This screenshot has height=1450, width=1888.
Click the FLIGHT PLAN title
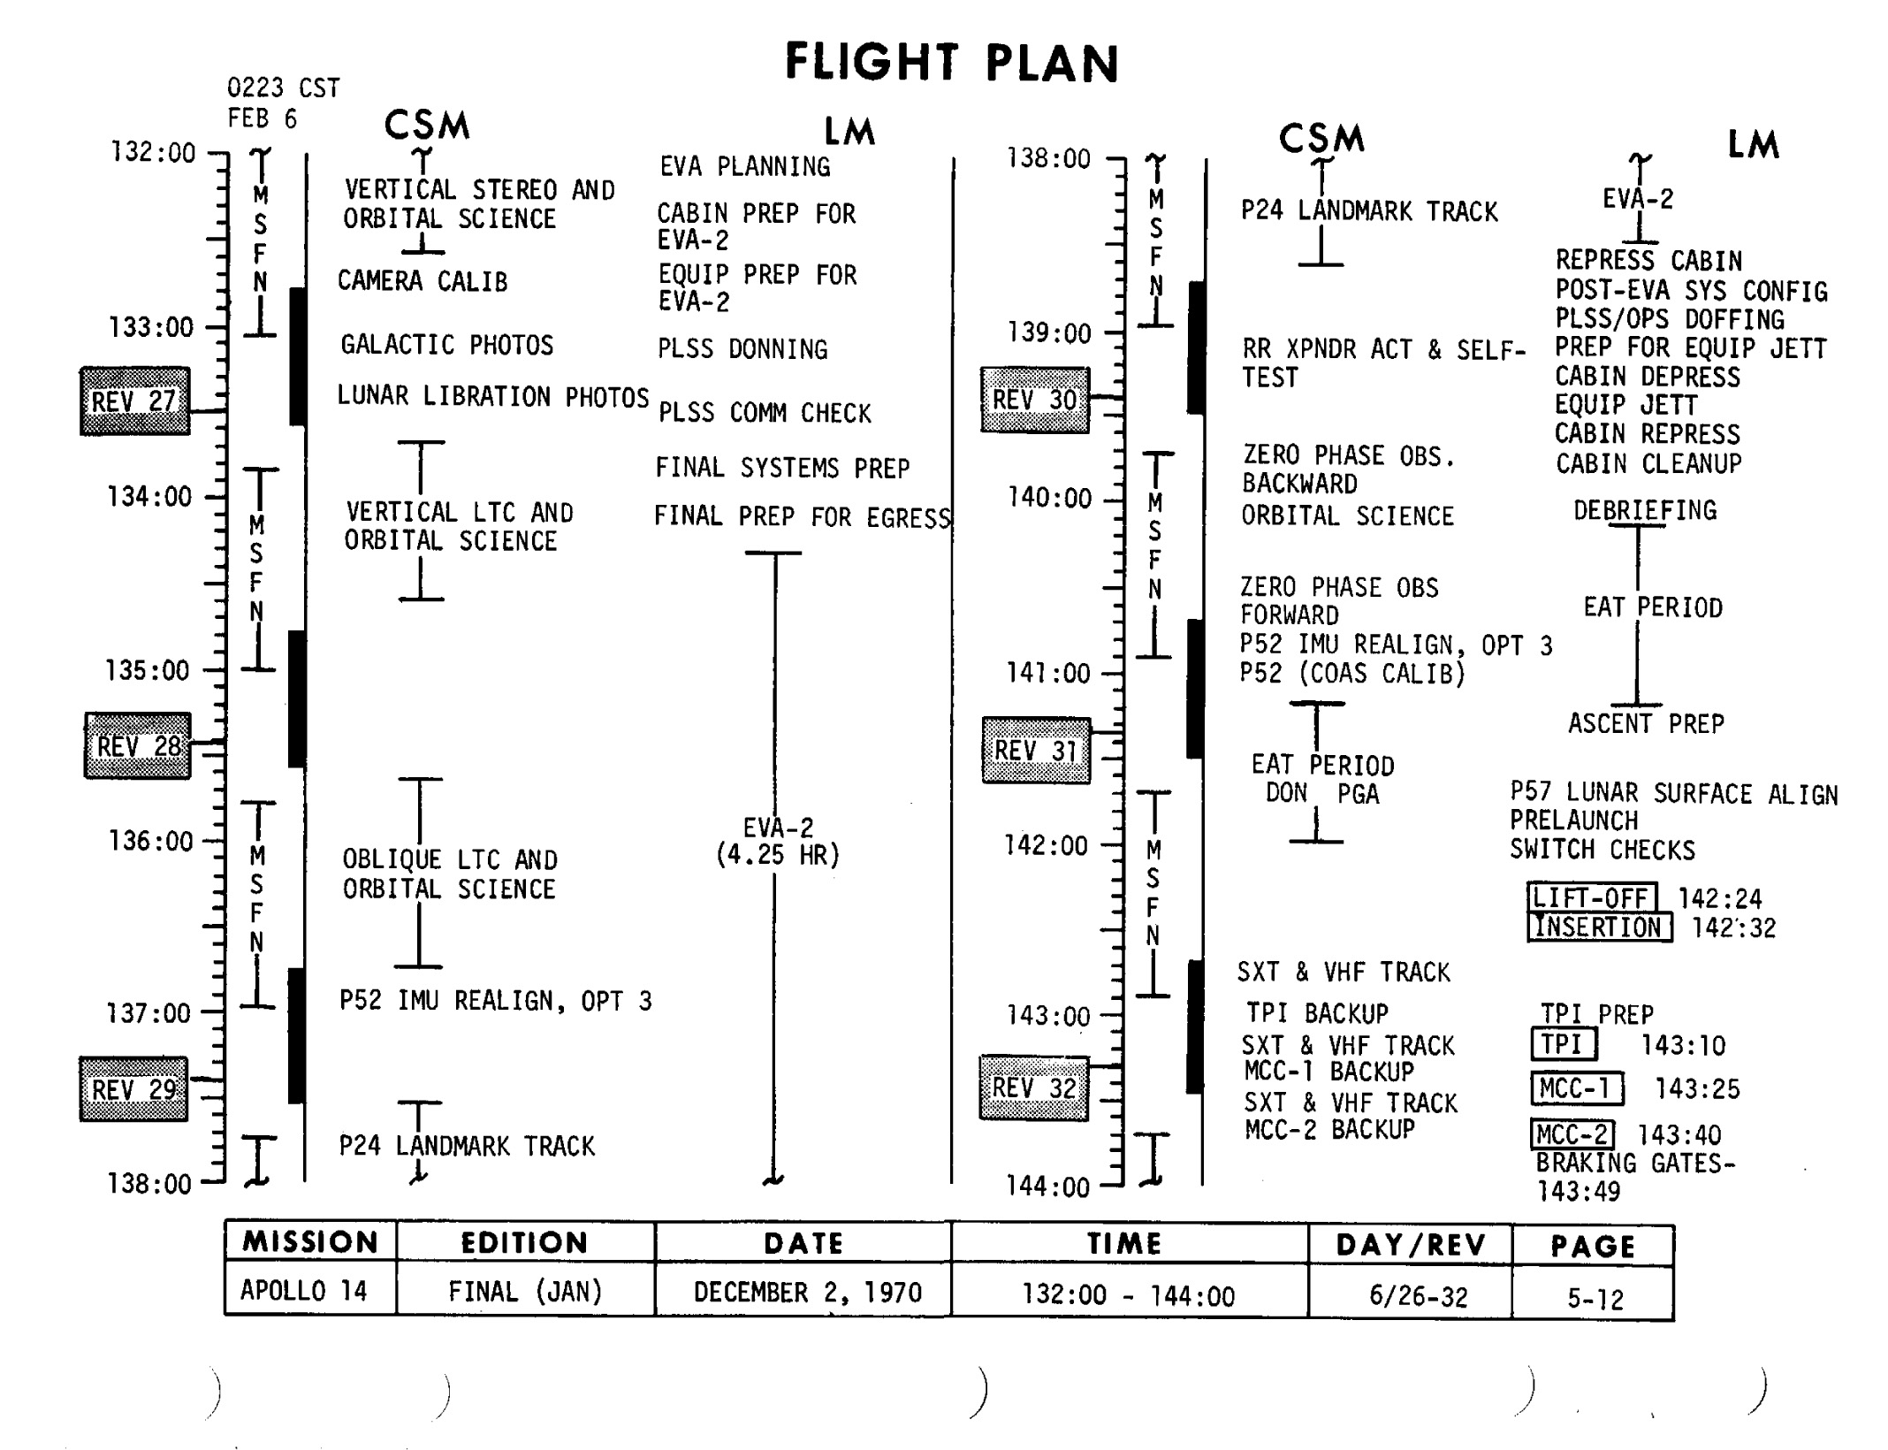click(x=952, y=63)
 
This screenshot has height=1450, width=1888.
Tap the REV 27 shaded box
click(x=135, y=401)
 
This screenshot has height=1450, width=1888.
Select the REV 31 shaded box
click(x=1036, y=751)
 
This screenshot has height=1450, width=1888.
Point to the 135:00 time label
click(x=148, y=671)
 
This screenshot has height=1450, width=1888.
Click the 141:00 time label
click(x=1048, y=674)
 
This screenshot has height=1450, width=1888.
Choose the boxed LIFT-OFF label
click(x=1591, y=898)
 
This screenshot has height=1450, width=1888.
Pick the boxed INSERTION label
click(x=1599, y=927)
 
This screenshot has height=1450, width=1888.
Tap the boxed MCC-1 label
click(x=1576, y=1088)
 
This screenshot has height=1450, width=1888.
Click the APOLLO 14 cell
click(x=303, y=1291)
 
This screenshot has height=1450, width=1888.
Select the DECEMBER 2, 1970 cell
click(x=807, y=1293)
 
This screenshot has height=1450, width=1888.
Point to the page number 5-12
click(x=1595, y=1299)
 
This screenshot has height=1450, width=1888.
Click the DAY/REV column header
click(x=1411, y=1246)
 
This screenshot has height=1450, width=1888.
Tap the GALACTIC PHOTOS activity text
click(x=447, y=345)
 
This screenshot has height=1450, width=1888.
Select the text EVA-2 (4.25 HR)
click(x=778, y=842)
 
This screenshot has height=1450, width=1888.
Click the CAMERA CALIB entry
click(x=423, y=281)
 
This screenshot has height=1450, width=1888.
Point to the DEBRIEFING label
click(x=1645, y=510)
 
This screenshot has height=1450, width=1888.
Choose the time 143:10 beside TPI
click(x=1683, y=1046)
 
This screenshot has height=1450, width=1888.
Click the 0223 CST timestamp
click(x=283, y=88)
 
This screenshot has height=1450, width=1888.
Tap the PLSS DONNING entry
click(x=742, y=349)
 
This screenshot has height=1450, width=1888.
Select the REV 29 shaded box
click(x=134, y=1089)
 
